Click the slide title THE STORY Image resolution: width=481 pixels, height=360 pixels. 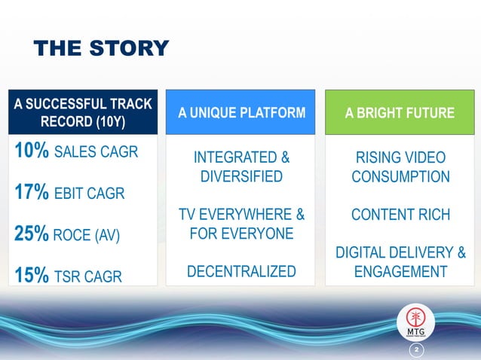click(101, 48)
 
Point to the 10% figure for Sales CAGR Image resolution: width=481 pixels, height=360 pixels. click(31, 151)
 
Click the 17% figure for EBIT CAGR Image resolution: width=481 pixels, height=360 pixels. click(31, 194)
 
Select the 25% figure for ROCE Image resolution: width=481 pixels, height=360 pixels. click(31, 234)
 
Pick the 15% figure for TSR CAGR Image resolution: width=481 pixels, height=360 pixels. click(31, 276)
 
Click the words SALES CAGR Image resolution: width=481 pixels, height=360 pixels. click(96, 153)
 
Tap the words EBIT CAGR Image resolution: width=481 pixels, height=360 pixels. click(90, 194)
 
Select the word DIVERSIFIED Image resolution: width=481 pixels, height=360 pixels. click(241, 177)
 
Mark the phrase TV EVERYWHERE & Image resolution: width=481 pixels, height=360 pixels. click(241, 215)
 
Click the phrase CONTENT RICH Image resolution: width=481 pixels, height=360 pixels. click(400, 215)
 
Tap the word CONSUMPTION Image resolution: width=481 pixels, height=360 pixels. click(400, 177)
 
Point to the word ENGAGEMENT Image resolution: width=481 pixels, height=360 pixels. click(400, 271)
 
